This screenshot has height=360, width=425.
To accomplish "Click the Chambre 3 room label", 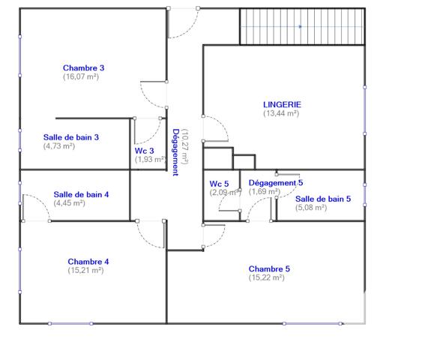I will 83,67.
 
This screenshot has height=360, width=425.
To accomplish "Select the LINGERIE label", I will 281,104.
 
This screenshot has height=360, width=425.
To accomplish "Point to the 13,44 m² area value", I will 281,113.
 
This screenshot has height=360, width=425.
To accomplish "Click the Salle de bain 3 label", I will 71,137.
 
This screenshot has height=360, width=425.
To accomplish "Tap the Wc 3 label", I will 144,151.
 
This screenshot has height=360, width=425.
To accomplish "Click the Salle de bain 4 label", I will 81,194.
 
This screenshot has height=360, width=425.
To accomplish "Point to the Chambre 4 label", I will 88,262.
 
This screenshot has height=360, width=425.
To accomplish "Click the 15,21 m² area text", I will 85,270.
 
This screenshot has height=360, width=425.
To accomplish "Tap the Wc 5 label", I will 219,184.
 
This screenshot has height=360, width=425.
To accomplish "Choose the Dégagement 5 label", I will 276,183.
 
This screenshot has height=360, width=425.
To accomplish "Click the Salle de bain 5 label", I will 322,199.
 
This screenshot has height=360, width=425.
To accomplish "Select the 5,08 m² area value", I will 311,208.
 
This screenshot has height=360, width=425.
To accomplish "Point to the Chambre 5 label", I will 269,268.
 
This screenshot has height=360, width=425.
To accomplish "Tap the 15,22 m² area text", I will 266,277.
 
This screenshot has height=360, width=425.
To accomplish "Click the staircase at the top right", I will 301,27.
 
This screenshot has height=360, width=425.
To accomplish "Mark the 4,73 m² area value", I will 58,146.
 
